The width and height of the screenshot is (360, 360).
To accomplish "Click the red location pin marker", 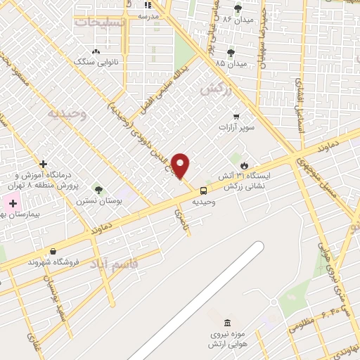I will click(x=181, y=165).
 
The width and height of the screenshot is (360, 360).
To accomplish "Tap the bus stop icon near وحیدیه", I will click(x=203, y=191).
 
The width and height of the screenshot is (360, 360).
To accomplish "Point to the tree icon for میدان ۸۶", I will click(x=238, y=8).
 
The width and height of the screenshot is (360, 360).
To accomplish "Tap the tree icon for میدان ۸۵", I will click(x=231, y=52).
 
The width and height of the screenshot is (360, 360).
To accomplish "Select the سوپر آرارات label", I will click(x=235, y=127).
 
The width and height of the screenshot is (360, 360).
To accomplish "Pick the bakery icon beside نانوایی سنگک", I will click(x=96, y=51).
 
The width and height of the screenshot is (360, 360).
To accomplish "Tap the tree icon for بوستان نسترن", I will click(x=98, y=190).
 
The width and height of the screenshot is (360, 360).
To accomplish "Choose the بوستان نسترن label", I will click(x=98, y=201).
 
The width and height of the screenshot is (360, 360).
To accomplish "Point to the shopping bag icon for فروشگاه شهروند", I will click(x=53, y=251).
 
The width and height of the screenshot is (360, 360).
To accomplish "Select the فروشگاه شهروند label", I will click(x=53, y=262).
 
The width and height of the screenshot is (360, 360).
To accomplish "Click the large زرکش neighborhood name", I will click(x=215, y=89).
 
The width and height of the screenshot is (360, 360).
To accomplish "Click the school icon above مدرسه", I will click(x=148, y=5).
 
